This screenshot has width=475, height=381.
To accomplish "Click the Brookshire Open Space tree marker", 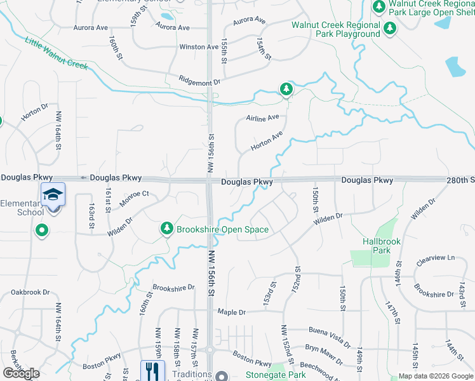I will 167,228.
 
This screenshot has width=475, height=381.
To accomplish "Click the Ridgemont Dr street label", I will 199,82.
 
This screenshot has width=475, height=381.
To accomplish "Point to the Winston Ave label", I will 199,47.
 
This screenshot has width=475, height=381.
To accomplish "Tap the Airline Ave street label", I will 262,118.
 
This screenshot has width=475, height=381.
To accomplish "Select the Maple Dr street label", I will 231,312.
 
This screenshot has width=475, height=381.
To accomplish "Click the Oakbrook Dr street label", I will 30,293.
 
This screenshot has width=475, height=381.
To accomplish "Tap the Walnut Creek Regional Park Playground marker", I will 389,29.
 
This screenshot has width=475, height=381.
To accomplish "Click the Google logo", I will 21,373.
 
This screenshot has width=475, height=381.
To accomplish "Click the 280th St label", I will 461,180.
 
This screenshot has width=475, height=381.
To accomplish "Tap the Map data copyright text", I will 436,376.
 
